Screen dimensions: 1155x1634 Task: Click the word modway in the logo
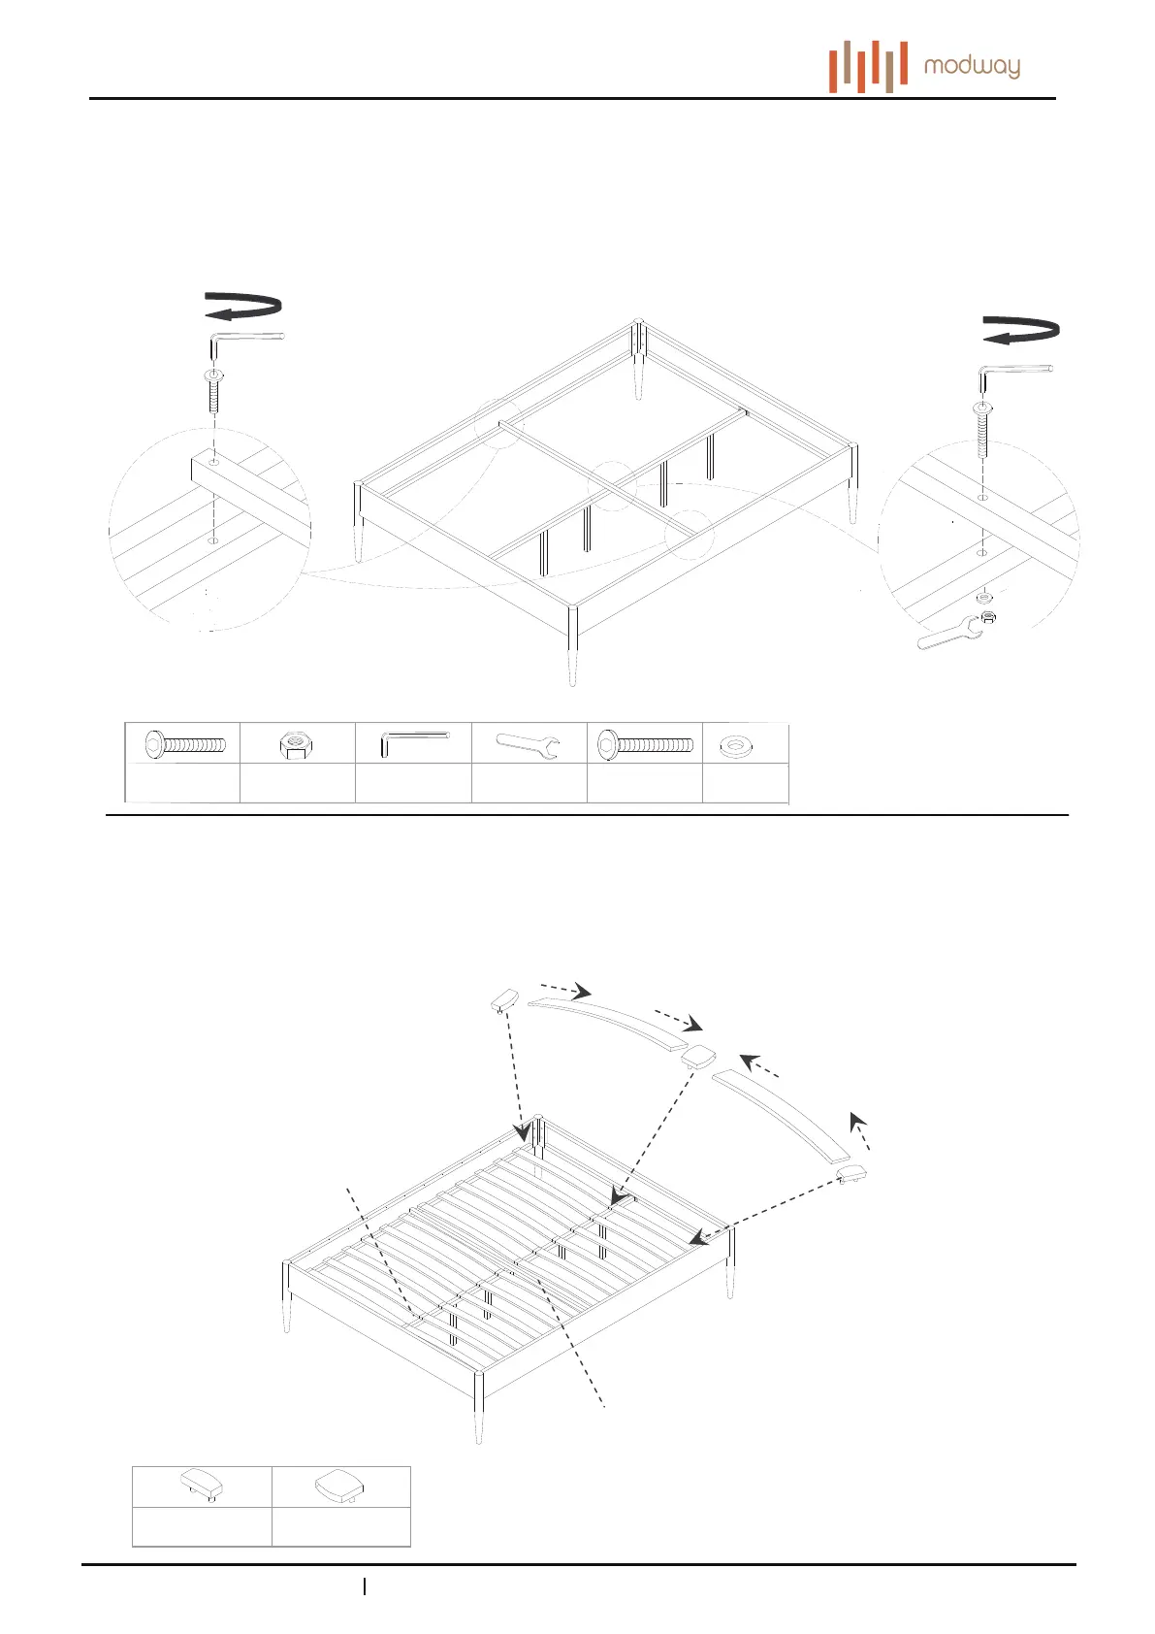click(x=972, y=66)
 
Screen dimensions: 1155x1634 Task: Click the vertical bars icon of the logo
click(x=868, y=66)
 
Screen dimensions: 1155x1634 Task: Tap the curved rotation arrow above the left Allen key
click(x=243, y=306)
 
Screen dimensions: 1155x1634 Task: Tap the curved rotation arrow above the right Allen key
click(x=1021, y=330)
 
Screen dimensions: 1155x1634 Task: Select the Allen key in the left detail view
click(x=246, y=343)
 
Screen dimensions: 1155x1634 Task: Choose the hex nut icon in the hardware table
click(x=296, y=745)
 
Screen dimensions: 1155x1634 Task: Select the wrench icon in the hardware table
click(x=528, y=745)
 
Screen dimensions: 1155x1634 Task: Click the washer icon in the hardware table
click(x=738, y=746)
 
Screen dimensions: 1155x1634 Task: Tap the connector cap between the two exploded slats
click(x=697, y=1055)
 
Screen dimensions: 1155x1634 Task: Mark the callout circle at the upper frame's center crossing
click(x=612, y=484)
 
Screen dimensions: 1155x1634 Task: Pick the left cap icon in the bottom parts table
click(x=203, y=1485)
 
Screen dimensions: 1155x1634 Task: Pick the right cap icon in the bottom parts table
click(x=340, y=1485)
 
